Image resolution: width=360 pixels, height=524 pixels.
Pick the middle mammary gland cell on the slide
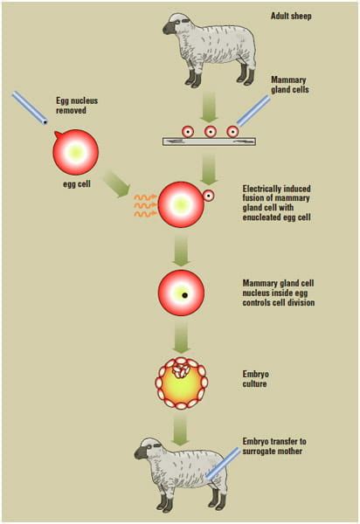click(x=210, y=132)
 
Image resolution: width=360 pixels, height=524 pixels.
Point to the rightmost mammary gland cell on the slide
click(x=233, y=132)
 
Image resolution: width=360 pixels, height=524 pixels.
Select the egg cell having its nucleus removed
click(x=73, y=150)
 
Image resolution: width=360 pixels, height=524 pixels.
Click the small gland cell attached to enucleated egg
click(x=209, y=195)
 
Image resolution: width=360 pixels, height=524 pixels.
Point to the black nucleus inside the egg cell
click(x=185, y=295)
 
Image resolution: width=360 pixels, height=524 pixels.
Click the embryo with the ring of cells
click(x=183, y=383)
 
